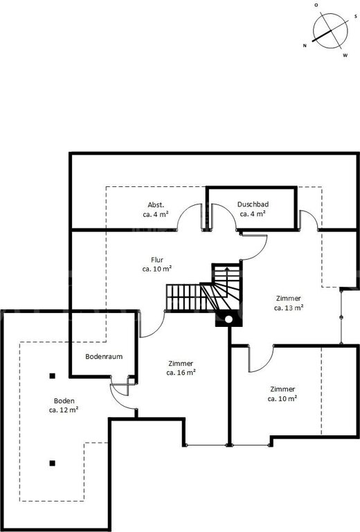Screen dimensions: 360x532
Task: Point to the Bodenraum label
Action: click(104, 357)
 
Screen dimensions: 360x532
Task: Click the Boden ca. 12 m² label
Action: click(64, 405)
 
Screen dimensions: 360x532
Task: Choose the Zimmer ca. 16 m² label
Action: click(181, 368)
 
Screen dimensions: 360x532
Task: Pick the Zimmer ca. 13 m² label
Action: click(289, 303)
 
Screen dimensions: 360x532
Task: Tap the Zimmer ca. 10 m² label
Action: click(282, 394)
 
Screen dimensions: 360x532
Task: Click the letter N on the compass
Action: click(305, 46)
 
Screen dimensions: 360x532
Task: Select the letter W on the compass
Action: click(345, 55)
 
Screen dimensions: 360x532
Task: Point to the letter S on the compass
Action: click(356, 16)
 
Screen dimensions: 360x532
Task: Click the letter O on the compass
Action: click(316, 5)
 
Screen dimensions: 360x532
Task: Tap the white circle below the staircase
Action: click(229, 319)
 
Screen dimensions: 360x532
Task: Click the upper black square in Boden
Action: click(52, 375)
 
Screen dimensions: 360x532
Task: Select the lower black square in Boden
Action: click(52, 463)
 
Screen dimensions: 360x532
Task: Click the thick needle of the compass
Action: click(321, 35)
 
